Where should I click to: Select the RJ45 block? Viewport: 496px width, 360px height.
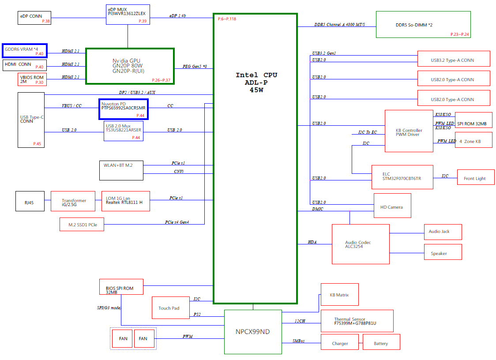tap(30, 201)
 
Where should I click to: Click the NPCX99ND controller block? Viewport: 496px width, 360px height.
tap(253, 332)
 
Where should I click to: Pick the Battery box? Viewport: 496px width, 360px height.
tap(381, 342)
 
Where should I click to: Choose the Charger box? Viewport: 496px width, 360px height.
tap(340, 342)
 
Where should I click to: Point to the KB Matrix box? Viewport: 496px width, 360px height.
tap(339, 295)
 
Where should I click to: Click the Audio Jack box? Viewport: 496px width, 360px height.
tap(443, 232)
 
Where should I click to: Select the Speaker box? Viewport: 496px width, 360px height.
tap(443, 252)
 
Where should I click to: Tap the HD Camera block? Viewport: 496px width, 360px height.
tap(392, 206)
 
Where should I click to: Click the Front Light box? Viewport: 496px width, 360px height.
tap(476, 177)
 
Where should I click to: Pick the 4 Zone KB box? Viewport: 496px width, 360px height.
tap(473, 140)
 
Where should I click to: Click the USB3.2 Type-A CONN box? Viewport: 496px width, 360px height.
tap(454, 59)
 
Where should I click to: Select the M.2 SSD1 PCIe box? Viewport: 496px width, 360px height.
tap(85, 224)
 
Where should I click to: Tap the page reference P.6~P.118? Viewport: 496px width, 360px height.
tap(227, 19)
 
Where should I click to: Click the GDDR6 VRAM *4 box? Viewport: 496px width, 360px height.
tap(25, 51)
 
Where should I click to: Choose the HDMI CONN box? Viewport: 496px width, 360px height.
tap(25, 65)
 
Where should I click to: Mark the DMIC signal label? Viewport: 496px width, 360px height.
tap(318, 209)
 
